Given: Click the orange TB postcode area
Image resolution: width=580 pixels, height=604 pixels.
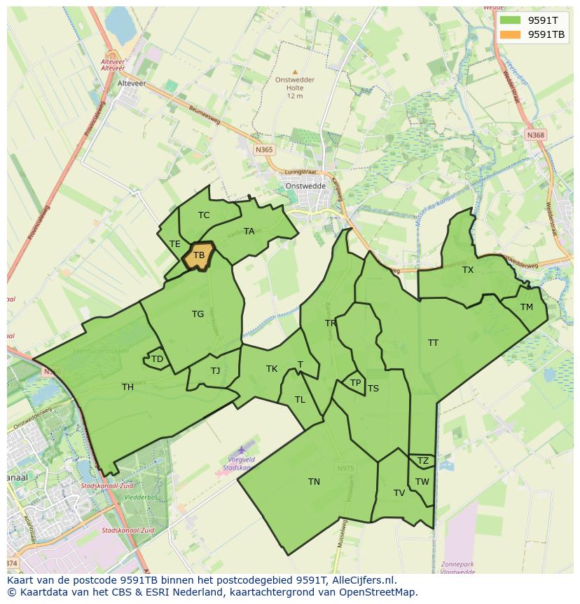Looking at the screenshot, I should pyautogui.click(x=198, y=256).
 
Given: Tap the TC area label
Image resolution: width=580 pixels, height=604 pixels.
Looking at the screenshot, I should pyautogui.click(x=204, y=215).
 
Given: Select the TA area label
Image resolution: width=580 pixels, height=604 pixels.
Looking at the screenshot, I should pyautogui.click(x=249, y=231).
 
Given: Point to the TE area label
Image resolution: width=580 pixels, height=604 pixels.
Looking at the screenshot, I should pyautogui.click(x=175, y=244).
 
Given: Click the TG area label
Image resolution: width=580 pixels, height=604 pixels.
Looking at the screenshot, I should pyautogui.click(x=198, y=314).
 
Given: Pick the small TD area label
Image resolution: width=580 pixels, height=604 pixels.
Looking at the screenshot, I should pyautogui.click(x=157, y=359).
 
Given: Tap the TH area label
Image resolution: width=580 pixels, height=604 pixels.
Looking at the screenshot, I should pyautogui.click(x=127, y=387).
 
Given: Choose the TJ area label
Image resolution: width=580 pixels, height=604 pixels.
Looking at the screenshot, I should pyautogui.click(x=215, y=370).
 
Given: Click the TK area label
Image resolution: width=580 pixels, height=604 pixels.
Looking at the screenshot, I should pyautogui.click(x=272, y=369).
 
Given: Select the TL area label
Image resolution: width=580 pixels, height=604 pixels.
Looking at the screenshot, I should pyautogui.click(x=300, y=400).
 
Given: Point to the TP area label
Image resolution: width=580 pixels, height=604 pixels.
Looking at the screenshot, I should pyautogui.click(x=355, y=383).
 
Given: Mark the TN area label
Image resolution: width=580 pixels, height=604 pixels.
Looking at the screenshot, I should pyautogui.click(x=314, y=482).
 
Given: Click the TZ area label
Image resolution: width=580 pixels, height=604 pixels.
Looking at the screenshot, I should pyautogui.click(x=422, y=461).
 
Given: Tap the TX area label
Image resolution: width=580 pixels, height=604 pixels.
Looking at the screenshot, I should pyautogui.click(x=468, y=270).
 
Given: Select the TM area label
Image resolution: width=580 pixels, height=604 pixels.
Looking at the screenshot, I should pyautogui.click(x=527, y=307).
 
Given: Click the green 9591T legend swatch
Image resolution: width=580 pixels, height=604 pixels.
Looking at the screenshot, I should pyautogui.click(x=511, y=20).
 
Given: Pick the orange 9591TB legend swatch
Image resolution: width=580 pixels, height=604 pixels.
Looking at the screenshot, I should pyautogui.click(x=511, y=34).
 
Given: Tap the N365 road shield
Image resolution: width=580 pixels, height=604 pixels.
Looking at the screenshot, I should pyautogui.click(x=264, y=149).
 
